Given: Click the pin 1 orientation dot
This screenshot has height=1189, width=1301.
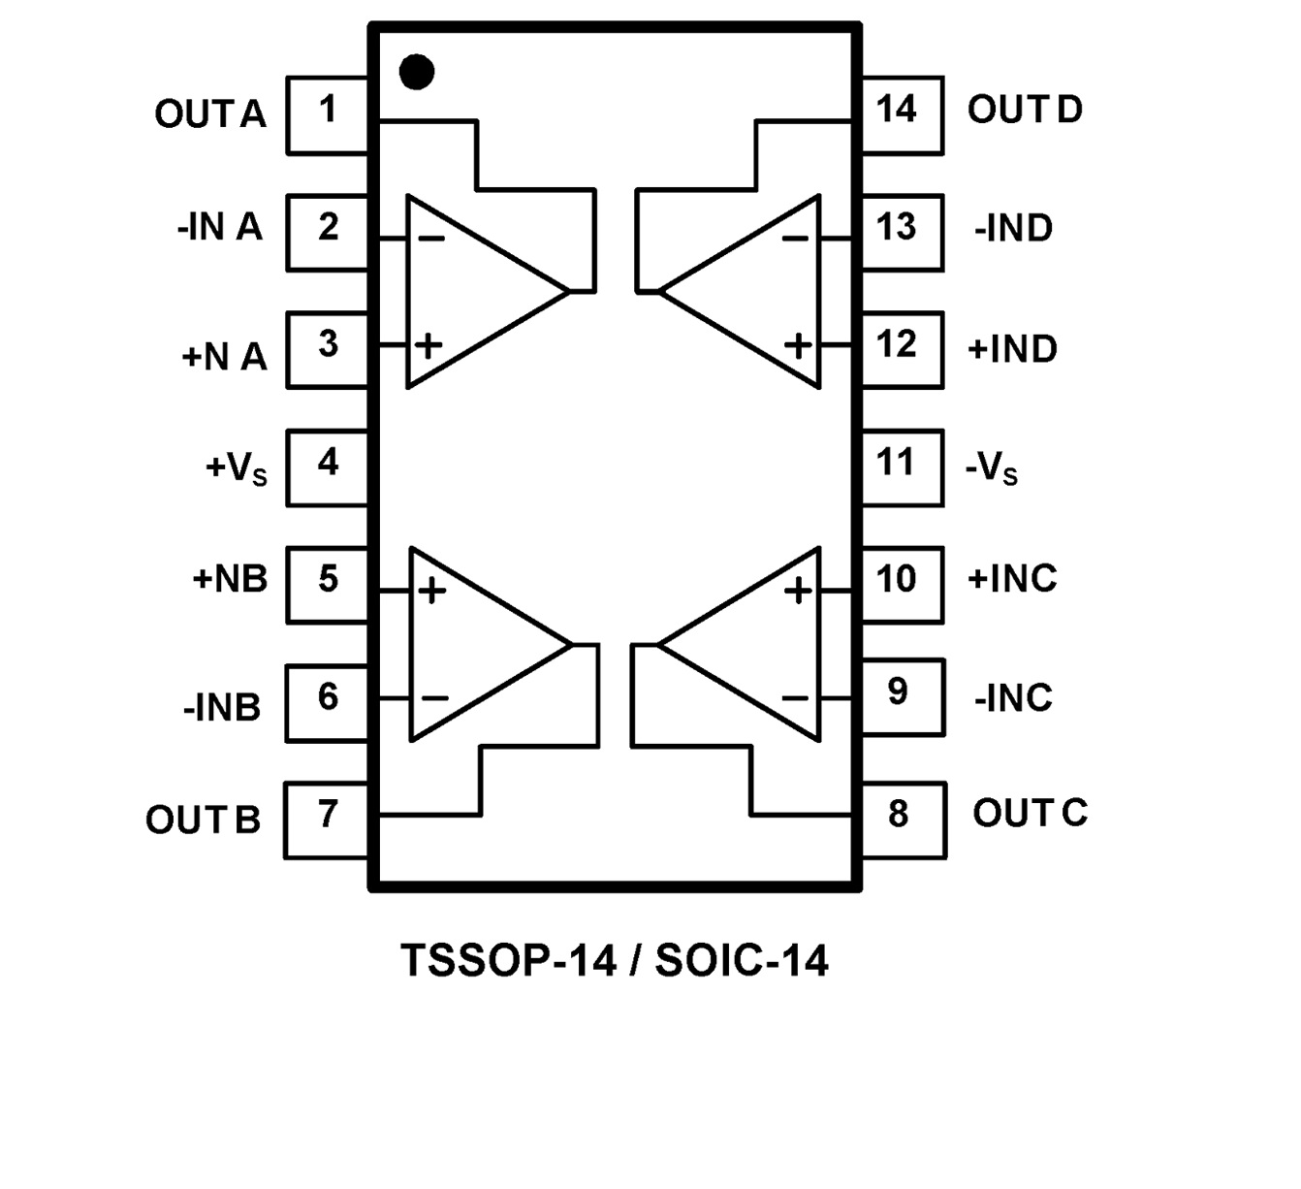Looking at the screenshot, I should coord(417,72).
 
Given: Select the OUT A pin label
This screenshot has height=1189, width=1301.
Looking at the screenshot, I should coord(210,114).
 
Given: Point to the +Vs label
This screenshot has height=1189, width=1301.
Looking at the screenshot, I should coord(236,468).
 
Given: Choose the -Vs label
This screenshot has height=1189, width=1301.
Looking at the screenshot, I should coord(992,468).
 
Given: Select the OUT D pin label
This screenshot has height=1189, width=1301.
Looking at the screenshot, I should coord(1025,110).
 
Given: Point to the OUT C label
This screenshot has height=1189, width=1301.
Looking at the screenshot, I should coord(1030,813).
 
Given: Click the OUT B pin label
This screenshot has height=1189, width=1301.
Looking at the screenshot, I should coord(204,820).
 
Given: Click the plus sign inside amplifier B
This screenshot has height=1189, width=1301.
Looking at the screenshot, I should coord(432,591).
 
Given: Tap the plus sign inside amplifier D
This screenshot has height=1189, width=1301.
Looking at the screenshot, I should coord(798,345).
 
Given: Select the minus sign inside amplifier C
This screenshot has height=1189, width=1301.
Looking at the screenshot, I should coord(795,697).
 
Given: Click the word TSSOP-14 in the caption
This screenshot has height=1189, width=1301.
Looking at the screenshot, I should coord(509,961).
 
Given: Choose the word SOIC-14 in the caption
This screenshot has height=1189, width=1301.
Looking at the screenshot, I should coord(742,961).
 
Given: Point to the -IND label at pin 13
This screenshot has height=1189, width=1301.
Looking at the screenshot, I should coord(1013,229).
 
